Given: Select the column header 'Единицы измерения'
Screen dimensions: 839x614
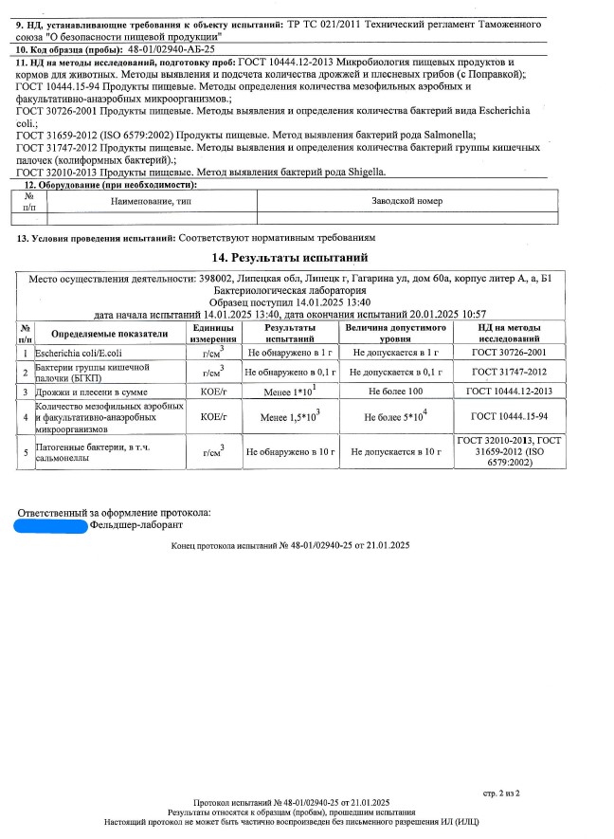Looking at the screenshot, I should pos(207,333).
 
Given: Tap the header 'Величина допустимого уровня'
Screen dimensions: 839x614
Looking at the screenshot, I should pos(394,333).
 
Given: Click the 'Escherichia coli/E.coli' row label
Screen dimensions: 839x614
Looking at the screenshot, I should pos(73,352).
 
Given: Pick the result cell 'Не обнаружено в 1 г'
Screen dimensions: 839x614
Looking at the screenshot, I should pos(291,352).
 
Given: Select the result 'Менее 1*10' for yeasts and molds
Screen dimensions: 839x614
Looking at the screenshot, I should pos(289,391).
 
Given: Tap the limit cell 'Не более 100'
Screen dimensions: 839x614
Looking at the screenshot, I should pos(395,391).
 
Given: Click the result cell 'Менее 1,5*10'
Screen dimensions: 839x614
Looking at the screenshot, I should pos(289,415).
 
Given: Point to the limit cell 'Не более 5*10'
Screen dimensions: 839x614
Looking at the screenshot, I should pos(395,415).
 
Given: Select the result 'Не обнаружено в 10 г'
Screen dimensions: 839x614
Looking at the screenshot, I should pos(291,452).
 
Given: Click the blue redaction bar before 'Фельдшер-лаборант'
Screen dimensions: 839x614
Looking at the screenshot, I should pos(52,523).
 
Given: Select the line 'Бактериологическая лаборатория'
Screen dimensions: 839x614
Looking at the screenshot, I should pos(290,290).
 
